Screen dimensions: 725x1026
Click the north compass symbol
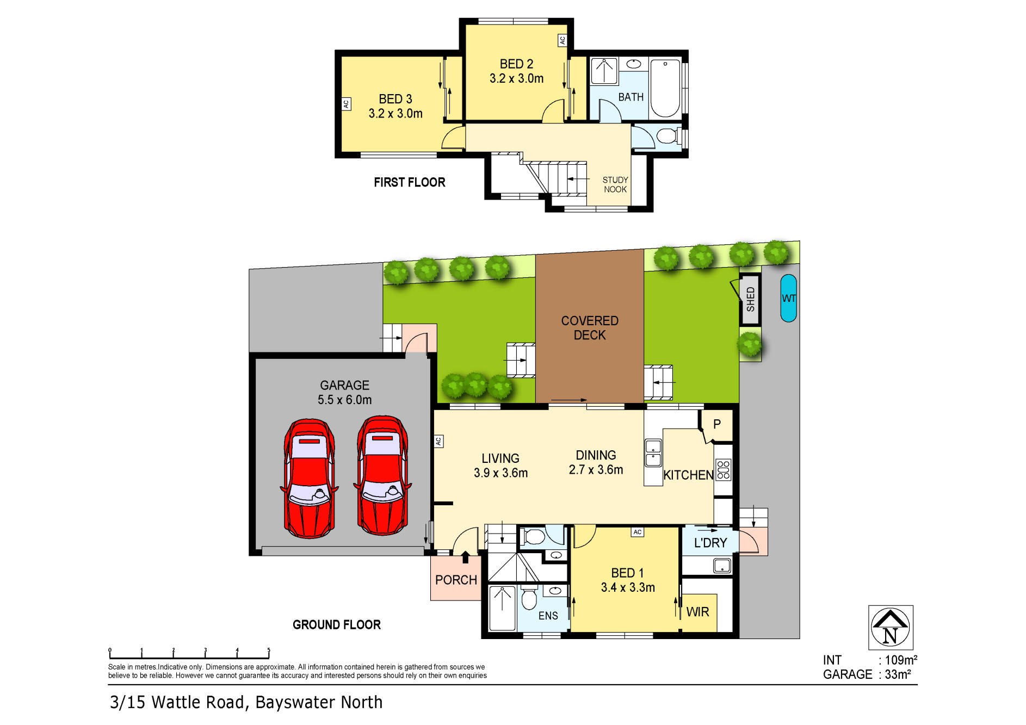(890, 627)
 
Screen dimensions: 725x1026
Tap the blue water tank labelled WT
(788, 298)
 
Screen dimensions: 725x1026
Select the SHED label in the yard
(751, 299)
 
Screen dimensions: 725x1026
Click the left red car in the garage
(309, 478)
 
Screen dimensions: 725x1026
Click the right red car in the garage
(382, 476)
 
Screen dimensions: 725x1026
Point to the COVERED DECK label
(590, 328)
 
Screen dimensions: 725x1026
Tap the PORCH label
(456, 580)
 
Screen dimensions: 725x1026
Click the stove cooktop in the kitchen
(723, 469)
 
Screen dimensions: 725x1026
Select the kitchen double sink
(653, 454)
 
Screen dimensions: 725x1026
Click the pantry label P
(717, 424)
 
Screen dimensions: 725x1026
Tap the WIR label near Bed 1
(697, 612)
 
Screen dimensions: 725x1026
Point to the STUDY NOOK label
(615, 184)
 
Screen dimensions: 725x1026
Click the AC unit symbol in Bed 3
(346, 103)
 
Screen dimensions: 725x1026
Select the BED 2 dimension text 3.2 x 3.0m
(516, 78)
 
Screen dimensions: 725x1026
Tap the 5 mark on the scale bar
(269, 651)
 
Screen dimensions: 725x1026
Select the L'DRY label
(710, 543)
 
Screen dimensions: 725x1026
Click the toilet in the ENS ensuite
(529, 599)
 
